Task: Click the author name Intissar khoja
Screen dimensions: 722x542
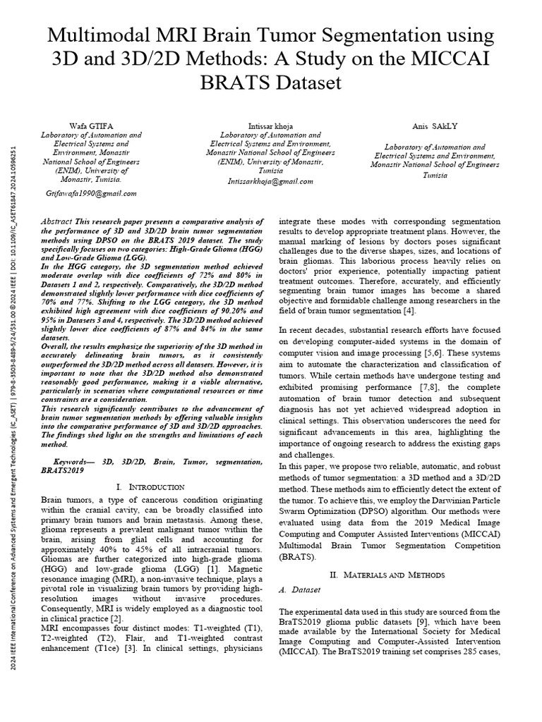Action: (x=271, y=126)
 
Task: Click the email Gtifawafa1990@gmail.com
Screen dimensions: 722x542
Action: (x=91, y=192)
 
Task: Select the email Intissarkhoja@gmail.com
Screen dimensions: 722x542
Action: (x=262, y=180)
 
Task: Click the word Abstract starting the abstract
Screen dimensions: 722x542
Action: (x=59, y=221)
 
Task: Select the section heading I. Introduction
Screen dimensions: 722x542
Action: (x=149, y=487)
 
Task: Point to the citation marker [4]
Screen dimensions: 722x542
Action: (x=409, y=311)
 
